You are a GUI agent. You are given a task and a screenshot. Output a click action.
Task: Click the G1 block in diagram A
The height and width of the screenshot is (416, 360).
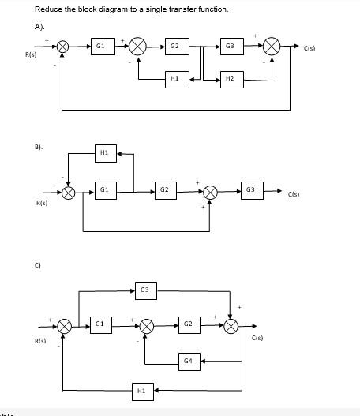coord(99,47)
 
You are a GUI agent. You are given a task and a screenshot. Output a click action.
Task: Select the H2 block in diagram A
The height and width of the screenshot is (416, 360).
coord(230,79)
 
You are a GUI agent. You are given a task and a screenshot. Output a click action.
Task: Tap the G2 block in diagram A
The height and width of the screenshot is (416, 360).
coord(176,47)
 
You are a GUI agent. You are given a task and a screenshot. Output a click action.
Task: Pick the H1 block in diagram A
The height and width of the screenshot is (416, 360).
coord(175,79)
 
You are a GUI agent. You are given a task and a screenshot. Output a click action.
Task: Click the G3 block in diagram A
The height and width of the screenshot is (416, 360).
coord(230,47)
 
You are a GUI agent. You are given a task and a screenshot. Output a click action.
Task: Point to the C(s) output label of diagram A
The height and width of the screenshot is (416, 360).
coord(310,49)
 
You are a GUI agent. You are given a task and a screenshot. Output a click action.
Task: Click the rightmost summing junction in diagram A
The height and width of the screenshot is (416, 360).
coord(272,47)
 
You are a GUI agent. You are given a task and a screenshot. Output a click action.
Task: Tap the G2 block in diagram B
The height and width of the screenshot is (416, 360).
coord(164,191)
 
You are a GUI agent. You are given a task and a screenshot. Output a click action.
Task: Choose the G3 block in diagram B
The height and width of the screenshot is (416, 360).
coord(250,190)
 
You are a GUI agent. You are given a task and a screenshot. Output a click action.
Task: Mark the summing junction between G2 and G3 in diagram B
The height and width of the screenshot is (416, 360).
coord(210,192)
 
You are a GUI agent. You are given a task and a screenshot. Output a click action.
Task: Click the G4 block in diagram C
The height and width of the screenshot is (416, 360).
coord(187,361)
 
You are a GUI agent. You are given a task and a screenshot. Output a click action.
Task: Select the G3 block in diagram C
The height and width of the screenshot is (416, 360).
coord(144,291)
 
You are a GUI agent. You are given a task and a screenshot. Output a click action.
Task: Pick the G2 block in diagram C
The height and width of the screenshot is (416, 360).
coord(187,324)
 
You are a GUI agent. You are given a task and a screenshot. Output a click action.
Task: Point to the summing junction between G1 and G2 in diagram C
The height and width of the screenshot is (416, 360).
coord(145,325)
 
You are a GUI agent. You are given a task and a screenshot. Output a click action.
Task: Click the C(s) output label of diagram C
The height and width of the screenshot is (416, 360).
coord(257,339)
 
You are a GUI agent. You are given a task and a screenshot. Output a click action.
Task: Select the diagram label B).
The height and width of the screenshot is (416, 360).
coord(39,147)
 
